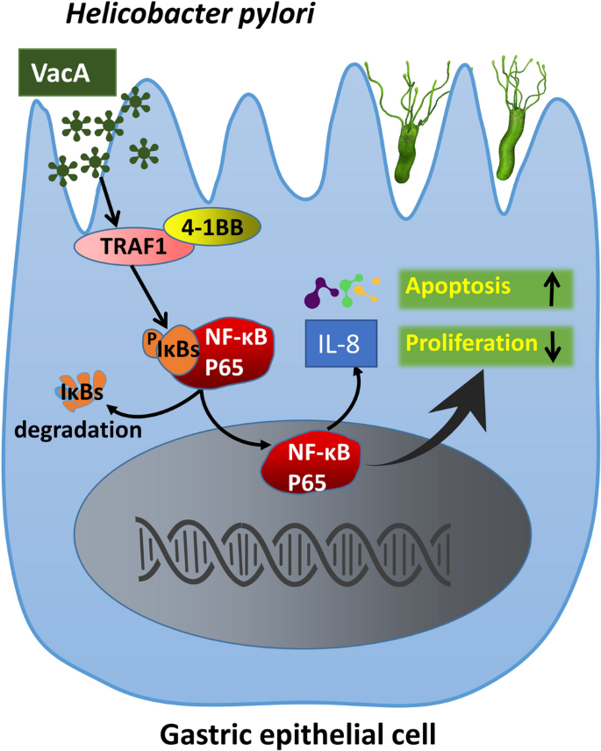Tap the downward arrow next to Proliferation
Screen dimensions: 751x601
(x=552, y=346)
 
